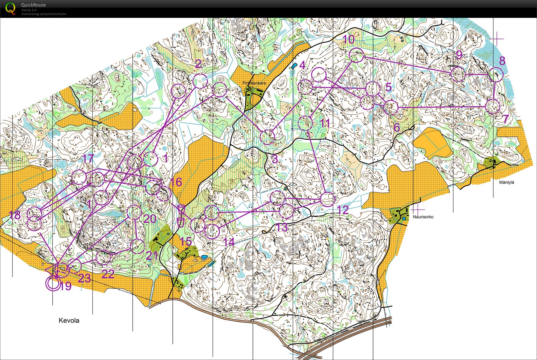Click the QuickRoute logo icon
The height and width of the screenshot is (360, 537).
point(10,8)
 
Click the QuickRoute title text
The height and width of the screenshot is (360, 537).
point(33,5)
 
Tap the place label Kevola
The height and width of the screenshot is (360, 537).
point(69,320)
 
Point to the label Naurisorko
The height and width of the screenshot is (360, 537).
point(423,217)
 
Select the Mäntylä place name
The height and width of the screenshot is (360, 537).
point(506,182)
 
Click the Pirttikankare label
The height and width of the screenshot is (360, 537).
point(254,83)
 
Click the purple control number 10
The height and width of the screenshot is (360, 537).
point(349,40)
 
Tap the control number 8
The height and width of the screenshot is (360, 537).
point(502,61)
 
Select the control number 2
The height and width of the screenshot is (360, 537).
point(198,64)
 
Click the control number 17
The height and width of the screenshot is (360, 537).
point(88,159)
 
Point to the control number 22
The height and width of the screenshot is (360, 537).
point(108,274)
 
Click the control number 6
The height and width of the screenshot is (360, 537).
point(396,127)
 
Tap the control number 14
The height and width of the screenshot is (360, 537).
point(229,242)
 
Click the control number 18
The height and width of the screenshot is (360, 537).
point(15,215)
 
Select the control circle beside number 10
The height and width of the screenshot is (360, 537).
point(356,55)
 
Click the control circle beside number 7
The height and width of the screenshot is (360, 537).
point(492,106)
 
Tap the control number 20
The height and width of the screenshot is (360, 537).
point(150,219)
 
